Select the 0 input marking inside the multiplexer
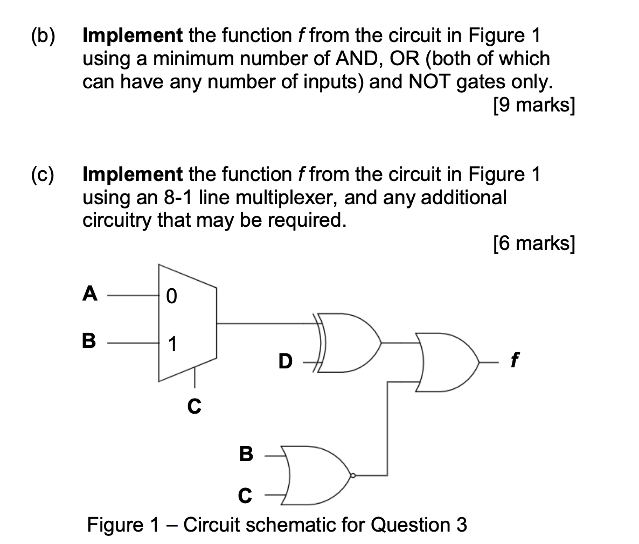click(x=171, y=296)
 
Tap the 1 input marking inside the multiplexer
click(x=171, y=343)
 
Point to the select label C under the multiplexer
click(x=195, y=406)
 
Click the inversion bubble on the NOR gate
click(x=353, y=475)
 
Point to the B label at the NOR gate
click(x=246, y=454)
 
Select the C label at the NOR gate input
click(x=245, y=496)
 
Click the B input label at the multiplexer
click(x=89, y=341)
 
